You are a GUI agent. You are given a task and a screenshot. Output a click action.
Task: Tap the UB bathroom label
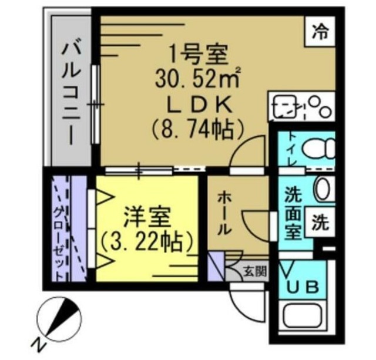pos(303,287)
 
